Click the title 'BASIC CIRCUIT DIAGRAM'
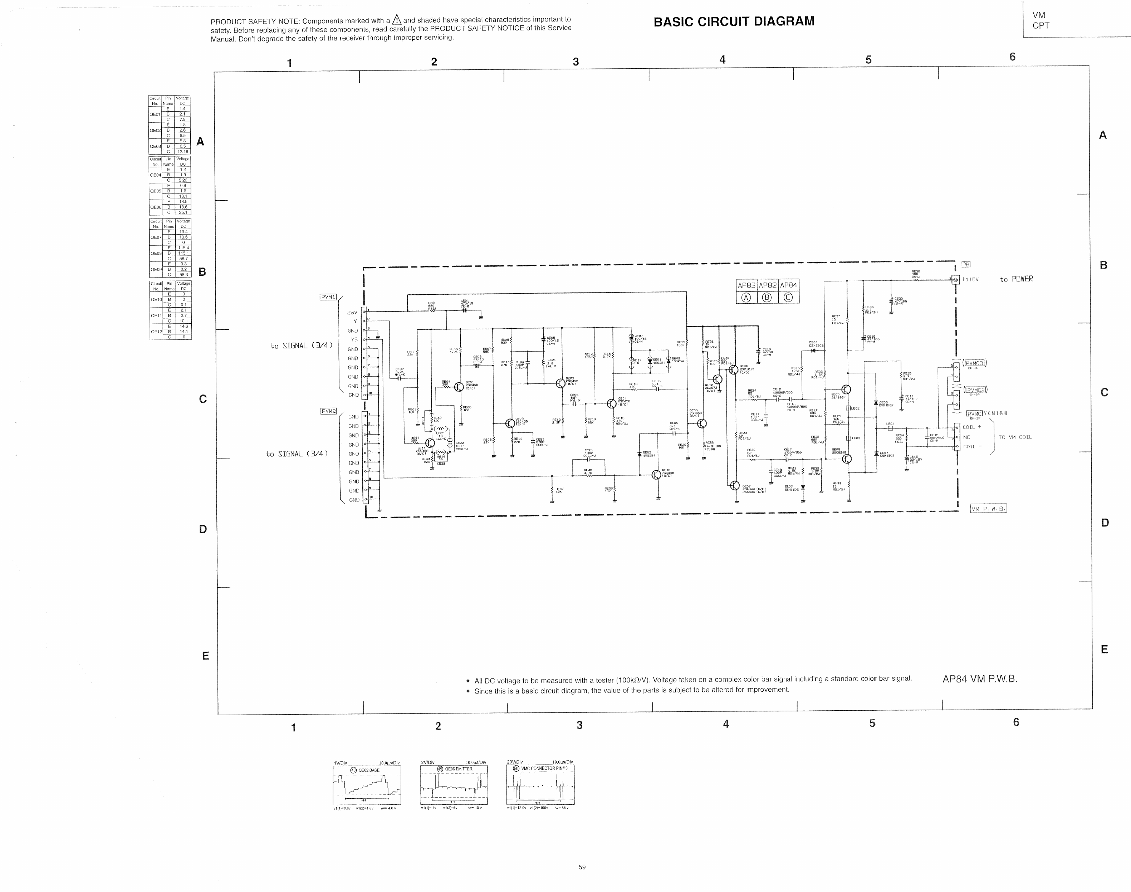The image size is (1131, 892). [x=734, y=21]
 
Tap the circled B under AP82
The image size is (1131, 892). [x=767, y=298]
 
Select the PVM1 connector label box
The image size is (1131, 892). [x=328, y=297]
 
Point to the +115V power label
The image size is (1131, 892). [x=970, y=279]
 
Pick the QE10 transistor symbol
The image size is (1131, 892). [x=656, y=474]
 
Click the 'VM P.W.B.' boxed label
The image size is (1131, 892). [x=988, y=509]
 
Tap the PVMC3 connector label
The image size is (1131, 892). [x=974, y=363]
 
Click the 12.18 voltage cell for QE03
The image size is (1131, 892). [x=183, y=151]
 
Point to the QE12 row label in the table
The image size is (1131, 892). [x=156, y=332]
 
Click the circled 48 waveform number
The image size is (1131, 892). [x=353, y=770]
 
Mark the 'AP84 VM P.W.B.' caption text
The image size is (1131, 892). [x=980, y=679]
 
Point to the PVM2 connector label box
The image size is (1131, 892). [x=328, y=411]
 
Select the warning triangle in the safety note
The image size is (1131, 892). [x=397, y=20]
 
